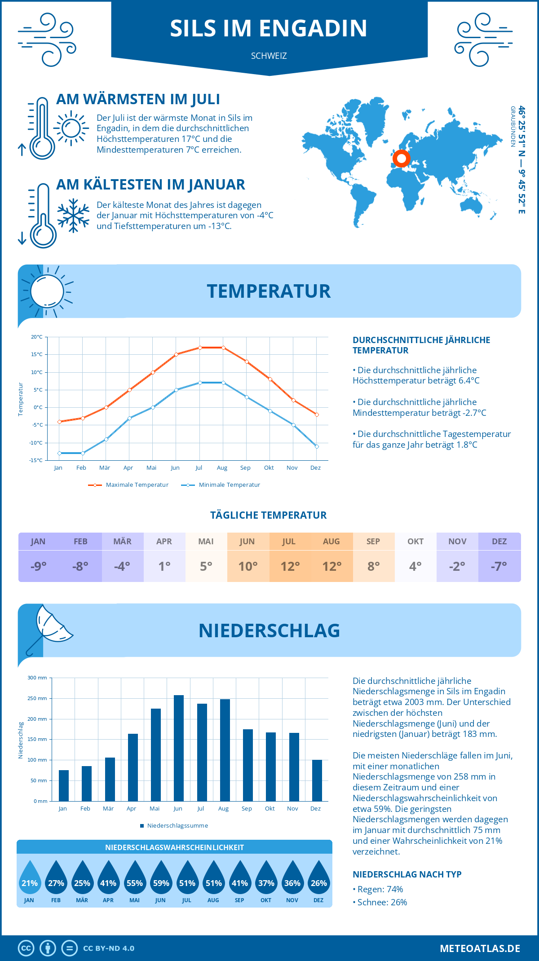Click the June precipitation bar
click(x=178, y=748)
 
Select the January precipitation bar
click(x=64, y=785)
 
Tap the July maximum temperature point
click(x=200, y=348)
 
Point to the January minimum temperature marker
click(x=59, y=453)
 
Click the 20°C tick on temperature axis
click(x=37, y=337)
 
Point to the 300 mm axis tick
click(x=38, y=678)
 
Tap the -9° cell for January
click(x=39, y=566)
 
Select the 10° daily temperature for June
click(x=248, y=566)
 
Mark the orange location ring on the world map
click(x=401, y=158)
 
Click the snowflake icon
click(x=73, y=216)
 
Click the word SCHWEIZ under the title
click(x=269, y=56)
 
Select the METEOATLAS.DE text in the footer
click(x=480, y=948)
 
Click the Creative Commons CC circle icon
click(x=26, y=948)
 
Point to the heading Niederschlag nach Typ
click(x=407, y=874)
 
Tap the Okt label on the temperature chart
click(x=269, y=468)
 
